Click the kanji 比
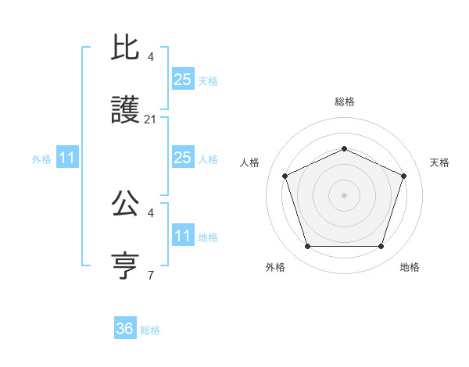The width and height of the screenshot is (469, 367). coord(125,49)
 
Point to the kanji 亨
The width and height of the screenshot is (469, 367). coord(125,266)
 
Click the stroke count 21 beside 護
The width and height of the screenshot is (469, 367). coord(151,119)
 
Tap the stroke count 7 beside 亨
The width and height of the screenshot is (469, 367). coord(151,275)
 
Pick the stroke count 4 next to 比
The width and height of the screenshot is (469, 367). coord(151,57)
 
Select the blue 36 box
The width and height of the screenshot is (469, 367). coord(125,329)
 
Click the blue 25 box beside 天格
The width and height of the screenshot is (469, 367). coord(182,80)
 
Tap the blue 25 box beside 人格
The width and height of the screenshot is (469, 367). coord(182,158)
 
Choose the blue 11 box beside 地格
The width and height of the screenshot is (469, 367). coord(182,235)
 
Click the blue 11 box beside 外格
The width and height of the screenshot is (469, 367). coord(67,158)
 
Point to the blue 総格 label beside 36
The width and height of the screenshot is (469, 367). coord(150,330)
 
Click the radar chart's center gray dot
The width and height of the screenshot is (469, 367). coord(344,194)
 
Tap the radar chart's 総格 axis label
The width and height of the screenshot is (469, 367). coord(344,102)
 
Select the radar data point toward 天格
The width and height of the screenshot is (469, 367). coord(403,176)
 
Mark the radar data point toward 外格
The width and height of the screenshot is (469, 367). coord(307,246)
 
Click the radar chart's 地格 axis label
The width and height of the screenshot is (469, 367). coord(410,267)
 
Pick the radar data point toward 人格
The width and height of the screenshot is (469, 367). coord(285,176)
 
